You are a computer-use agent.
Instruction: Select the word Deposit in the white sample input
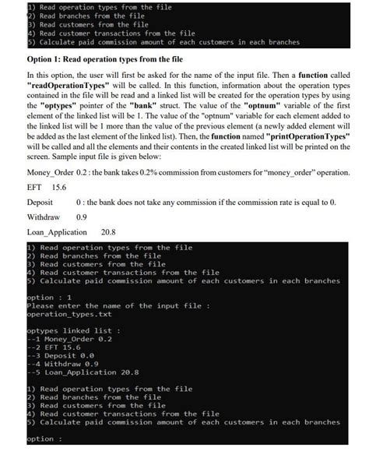[x=42, y=202]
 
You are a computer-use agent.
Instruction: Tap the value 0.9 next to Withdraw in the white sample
[x=82, y=217]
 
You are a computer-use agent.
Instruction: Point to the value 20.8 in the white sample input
[x=110, y=232]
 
